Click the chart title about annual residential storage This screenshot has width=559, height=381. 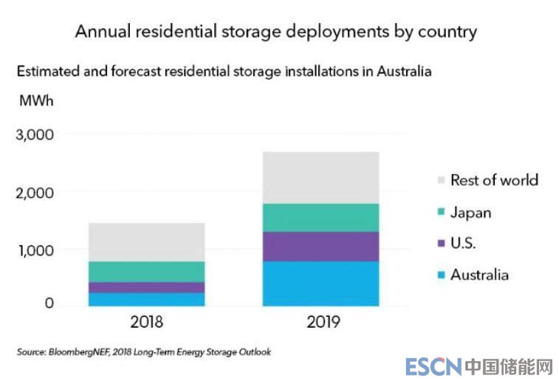click(276, 32)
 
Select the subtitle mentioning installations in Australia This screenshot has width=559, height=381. click(224, 72)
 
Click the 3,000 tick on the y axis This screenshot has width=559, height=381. click(35, 135)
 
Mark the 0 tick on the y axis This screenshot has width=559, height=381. click(49, 303)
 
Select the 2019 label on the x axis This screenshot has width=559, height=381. click(320, 323)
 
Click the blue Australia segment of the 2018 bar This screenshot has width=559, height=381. click(146, 299)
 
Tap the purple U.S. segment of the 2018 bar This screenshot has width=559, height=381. click(146, 287)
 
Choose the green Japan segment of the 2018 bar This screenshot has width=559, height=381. click(146, 272)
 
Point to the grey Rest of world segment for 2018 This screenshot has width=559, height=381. click(146, 242)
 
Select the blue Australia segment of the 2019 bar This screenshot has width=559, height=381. click(320, 284)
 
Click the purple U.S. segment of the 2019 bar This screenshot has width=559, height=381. click(320, 247)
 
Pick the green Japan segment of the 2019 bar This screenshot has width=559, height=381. click(320, 218)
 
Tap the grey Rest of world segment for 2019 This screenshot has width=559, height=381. click(320, 178)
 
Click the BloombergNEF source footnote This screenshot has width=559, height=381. click(144, 352)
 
